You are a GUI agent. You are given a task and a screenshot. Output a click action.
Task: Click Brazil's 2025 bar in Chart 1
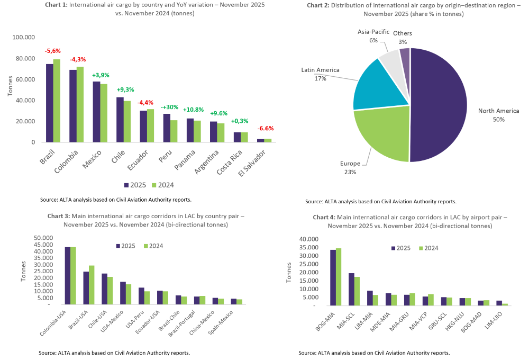[x=49, y=103]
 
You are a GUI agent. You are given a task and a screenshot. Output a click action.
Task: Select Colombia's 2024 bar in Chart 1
[x=80, y=104]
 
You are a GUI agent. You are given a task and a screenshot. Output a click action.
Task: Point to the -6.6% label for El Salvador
[x=266, y=129]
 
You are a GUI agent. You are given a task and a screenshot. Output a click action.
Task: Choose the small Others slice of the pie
[x=405, y=52]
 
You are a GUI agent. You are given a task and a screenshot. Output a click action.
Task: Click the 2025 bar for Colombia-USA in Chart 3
[x=68, y=275]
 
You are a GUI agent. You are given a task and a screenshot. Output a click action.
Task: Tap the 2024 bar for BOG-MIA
[x=339, y=277]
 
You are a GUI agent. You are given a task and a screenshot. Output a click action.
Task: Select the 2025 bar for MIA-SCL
[x=351, y=289]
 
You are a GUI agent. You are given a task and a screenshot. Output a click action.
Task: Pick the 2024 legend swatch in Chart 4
[x=421, y=248]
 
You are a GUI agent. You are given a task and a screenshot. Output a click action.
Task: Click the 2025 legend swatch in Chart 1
[x=126, y=185]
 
